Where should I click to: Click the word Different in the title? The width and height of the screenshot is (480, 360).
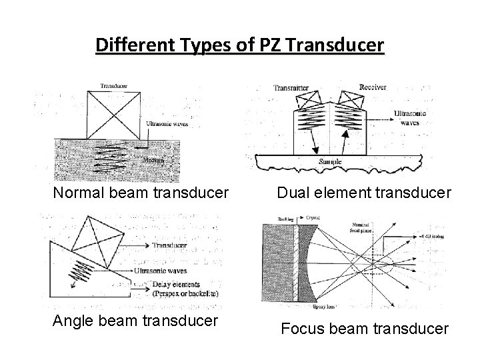129,45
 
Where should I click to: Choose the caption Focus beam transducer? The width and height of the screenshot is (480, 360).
364,328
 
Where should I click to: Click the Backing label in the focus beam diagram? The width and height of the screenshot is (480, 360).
275,218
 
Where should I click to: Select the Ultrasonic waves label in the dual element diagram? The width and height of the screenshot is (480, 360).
410,117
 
